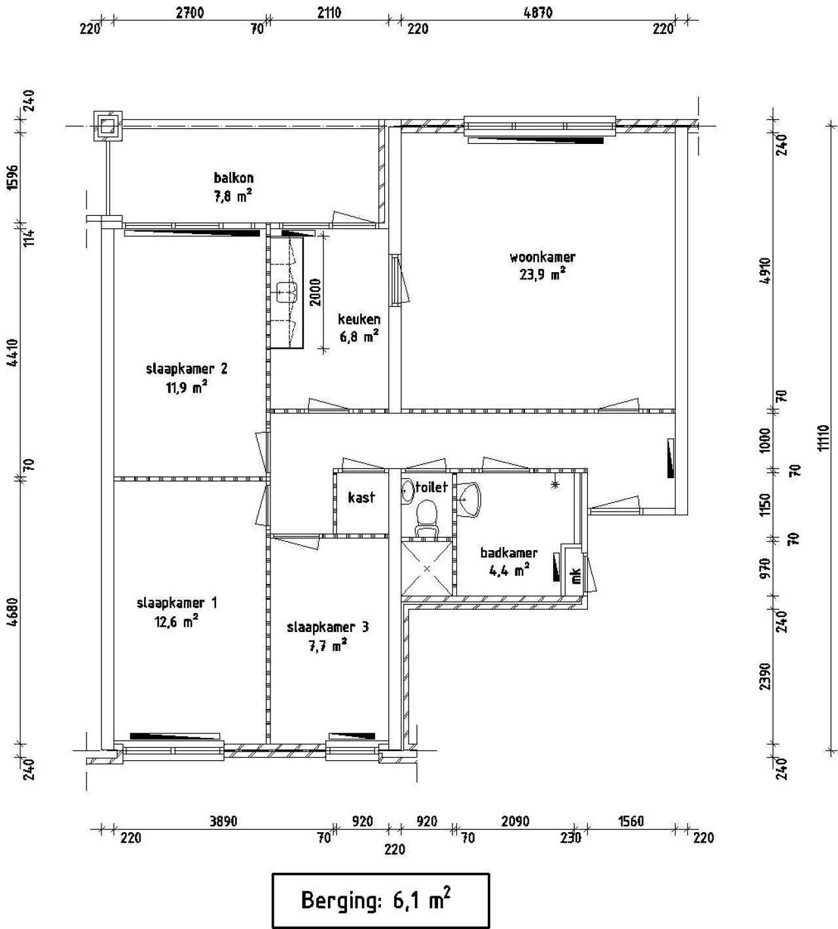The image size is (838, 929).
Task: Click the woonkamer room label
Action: coord(542,257)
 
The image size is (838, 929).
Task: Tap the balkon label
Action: coord(234,178)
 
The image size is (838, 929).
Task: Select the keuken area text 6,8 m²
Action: coord(359,336)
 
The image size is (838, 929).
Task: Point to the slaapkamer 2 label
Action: coord(187,369)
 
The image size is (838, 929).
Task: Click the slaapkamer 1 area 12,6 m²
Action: coord(176,621)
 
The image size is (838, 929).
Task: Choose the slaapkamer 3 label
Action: coord(328,627)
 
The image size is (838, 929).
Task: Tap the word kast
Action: coord(361,497)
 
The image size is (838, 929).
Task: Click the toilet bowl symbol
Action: coord(427,519)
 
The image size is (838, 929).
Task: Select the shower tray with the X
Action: coord(426,568)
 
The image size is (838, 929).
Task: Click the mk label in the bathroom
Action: coord(576,576)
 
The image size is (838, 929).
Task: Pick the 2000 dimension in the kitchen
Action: coord(315,292)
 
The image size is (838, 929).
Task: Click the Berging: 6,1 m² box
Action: coord(380,900)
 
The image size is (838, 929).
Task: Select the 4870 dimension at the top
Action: coord(537,12)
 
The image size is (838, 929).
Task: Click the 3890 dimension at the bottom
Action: coord(223,821)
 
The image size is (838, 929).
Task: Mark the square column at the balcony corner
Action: coord(108,126)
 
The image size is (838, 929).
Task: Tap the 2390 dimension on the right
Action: coord(765,676)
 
